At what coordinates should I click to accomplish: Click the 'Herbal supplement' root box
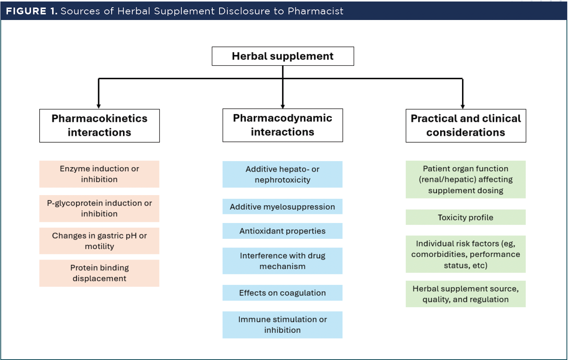[283, 56]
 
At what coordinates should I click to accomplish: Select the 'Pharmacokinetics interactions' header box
[100, 126]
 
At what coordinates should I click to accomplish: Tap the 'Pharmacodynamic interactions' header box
[282, 125]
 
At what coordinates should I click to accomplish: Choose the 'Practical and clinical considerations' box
[466, 126]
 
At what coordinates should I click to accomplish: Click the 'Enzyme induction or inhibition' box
[99, 174]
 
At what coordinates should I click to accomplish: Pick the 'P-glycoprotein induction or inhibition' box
[99, 209]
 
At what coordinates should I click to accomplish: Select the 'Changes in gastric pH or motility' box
[99, 241]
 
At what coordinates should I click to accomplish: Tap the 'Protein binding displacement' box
[99, 273]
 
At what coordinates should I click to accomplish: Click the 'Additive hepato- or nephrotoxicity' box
[282, 174]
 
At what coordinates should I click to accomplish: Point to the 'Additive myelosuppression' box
[282, 206]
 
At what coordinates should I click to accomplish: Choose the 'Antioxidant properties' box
[282, 231]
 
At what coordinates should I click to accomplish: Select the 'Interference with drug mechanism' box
[282, 261]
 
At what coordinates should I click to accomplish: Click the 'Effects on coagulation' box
[282, 293]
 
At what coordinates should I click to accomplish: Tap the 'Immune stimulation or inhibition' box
[282, 325]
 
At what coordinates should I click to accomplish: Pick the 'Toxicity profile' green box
[465, 217]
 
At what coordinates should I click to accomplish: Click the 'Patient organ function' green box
[465, 179]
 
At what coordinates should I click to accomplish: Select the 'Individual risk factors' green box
[465, 254]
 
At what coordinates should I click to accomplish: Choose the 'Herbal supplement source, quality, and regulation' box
[465, 294]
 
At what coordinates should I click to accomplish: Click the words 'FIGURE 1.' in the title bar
[32, 11]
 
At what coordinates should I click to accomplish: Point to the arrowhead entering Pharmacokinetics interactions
[99, 106]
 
